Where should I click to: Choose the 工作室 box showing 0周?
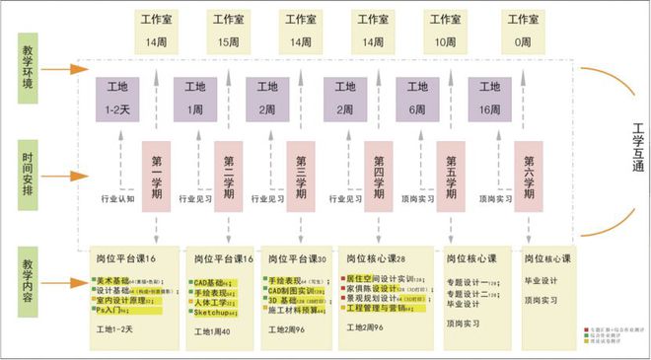[x=521, y=30]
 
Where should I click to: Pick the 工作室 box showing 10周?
[x=446, y=30]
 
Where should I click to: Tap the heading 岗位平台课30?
[x=295, y=258]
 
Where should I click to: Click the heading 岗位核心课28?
[x=373, y=258]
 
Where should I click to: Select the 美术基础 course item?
[x=112, y=282]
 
